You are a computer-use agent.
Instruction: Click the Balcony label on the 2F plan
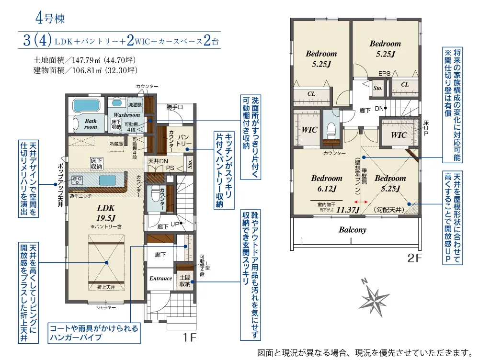(353, 230)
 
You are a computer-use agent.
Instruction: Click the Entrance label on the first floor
(160, 279)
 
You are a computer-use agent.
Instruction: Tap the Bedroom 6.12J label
(327, 183)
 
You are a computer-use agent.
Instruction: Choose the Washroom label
(127, 115)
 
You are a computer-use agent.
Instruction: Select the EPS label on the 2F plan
(384, 74)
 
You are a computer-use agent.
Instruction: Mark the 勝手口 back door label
(175, 107)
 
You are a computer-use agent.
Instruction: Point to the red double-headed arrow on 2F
(362, 202)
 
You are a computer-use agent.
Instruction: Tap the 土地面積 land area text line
(85, 61)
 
